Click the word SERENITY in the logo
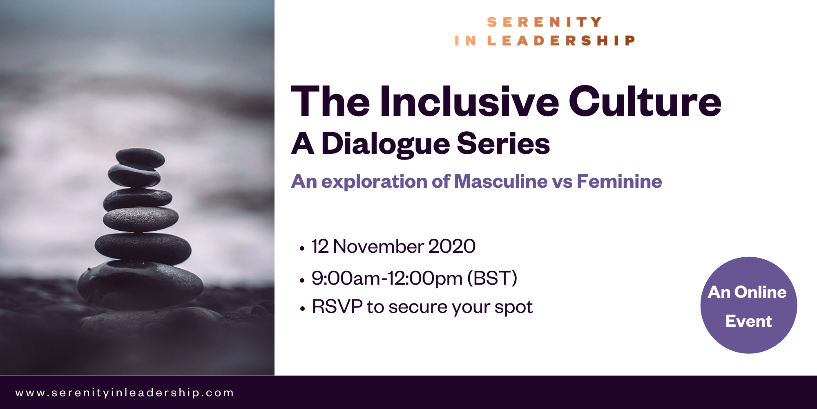[544, 22]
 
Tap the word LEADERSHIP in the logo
[561, 40]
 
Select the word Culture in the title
[645, 101]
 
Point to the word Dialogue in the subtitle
[385, 144]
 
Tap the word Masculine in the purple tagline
[501, 181]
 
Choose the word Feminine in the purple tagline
[619, 181]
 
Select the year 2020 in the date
[452, 246]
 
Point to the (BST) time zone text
[492, 278]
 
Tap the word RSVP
[337, 306]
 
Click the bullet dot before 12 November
[302, 248]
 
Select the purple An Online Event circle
[749, 305]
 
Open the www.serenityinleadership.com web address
[125, 393]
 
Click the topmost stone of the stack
[140, 158]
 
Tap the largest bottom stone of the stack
[140, 283]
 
